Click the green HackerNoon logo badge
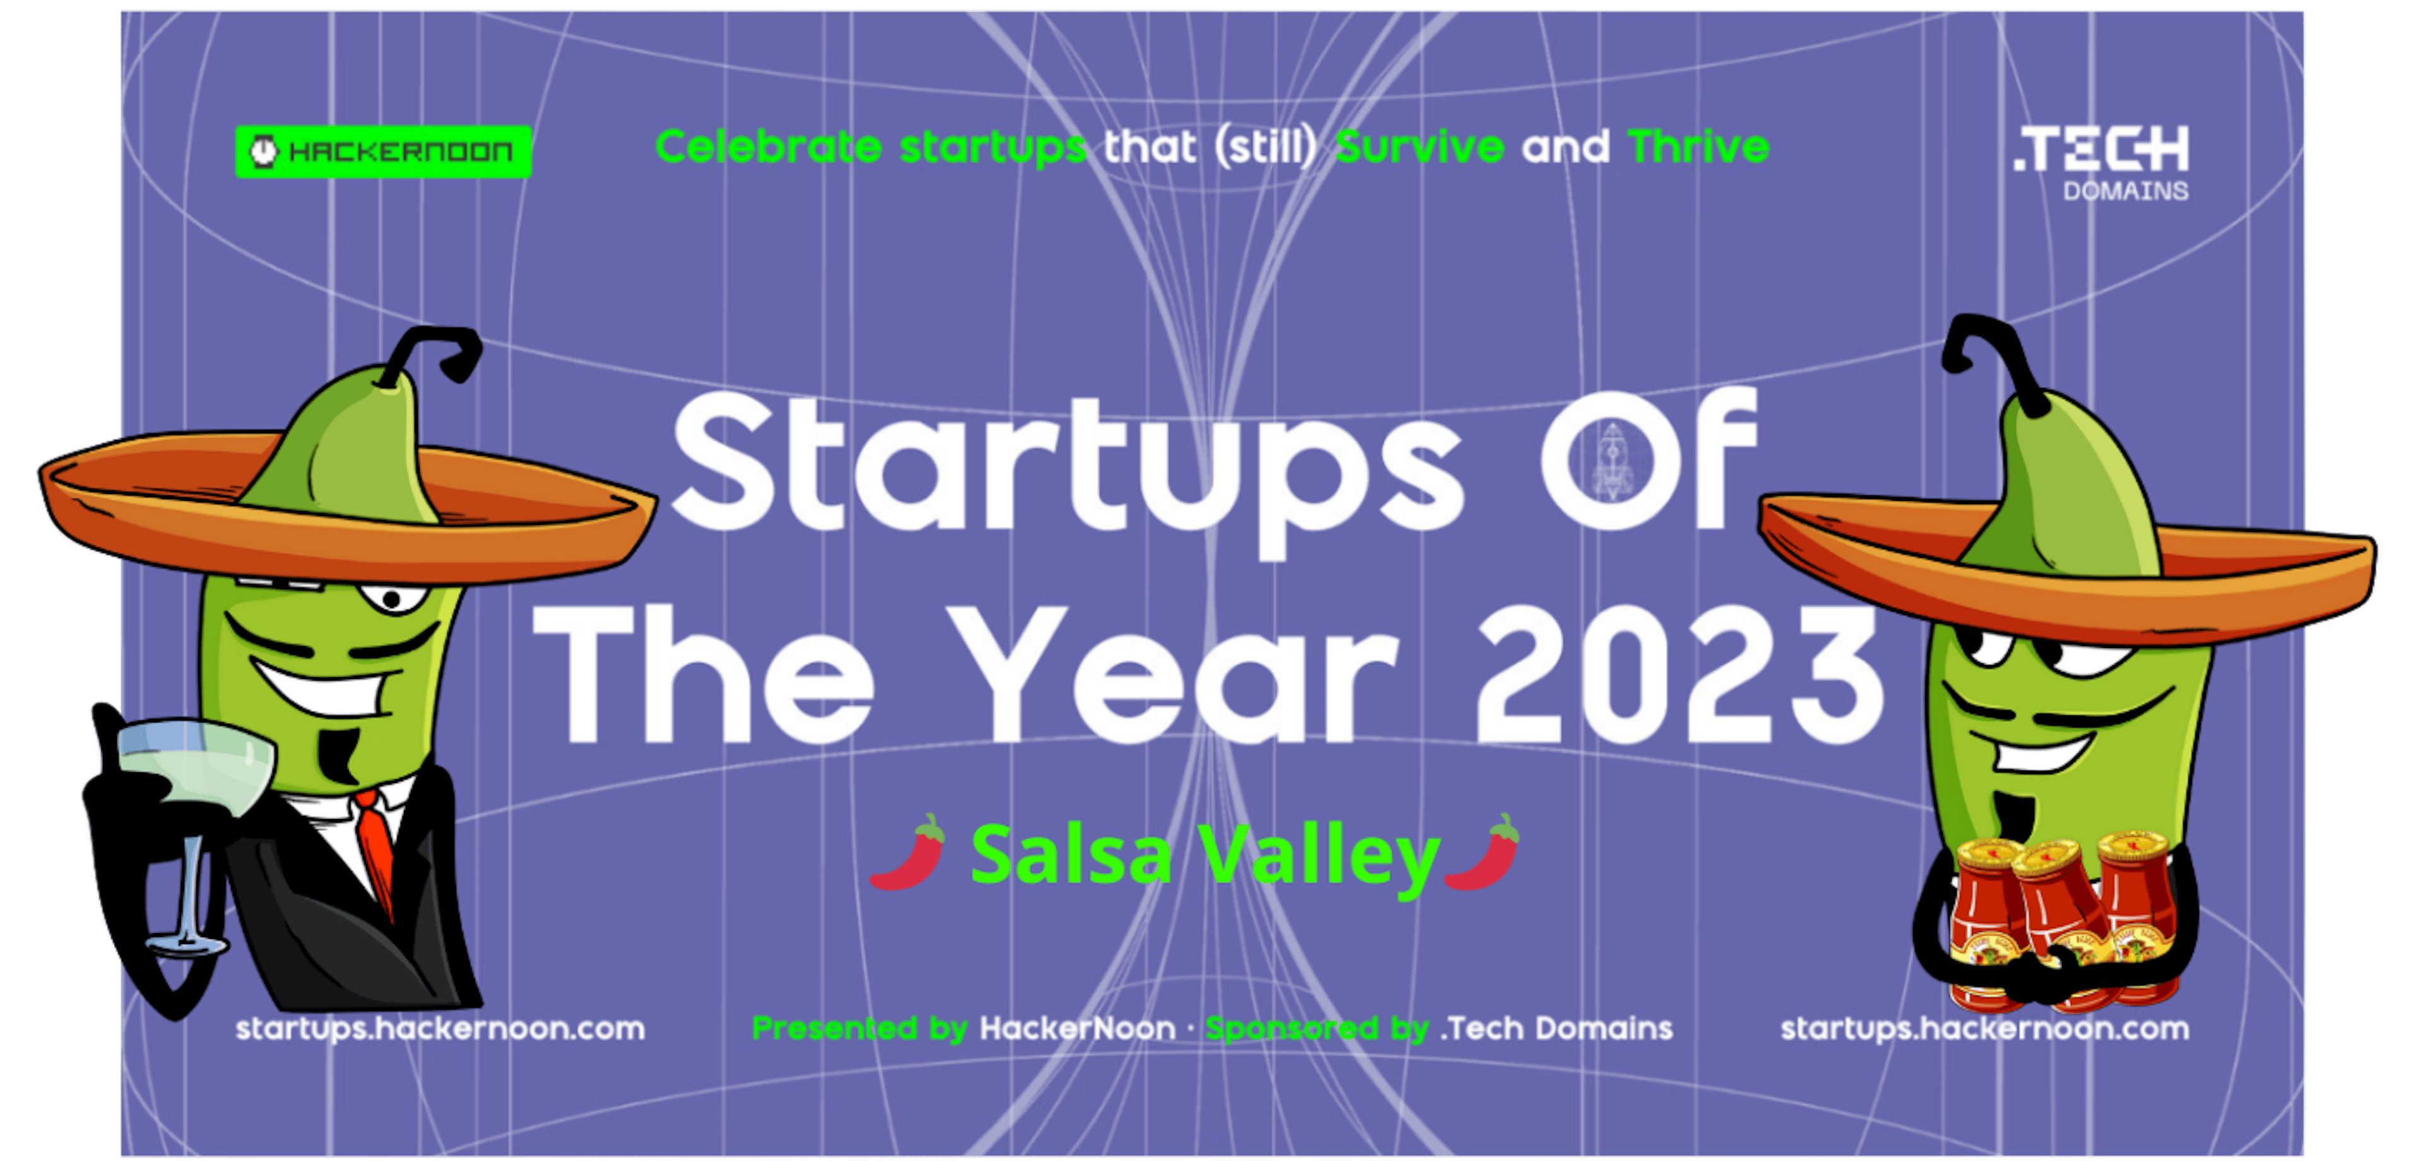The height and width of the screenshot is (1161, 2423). [x=383, y=151]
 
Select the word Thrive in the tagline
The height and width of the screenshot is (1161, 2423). [x=1698, y=148]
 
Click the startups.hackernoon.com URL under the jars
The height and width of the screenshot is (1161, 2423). [x=1984, y=1029]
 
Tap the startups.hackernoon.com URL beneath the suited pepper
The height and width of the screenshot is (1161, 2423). [x=440, y=1029]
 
